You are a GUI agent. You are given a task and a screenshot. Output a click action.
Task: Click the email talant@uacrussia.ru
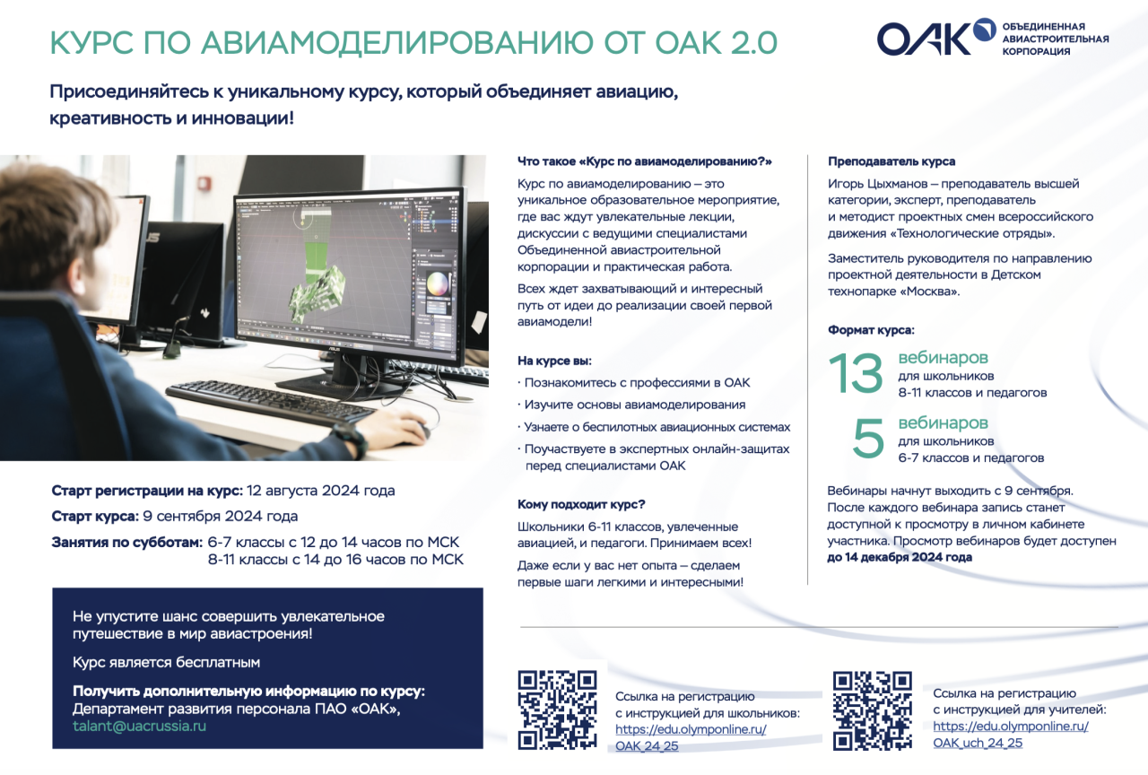(139, 727)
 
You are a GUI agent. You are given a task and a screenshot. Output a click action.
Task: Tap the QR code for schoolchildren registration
(558, 710)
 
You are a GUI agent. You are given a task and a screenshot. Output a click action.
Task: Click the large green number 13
(856, 373)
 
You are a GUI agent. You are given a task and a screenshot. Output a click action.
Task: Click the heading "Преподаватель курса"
(891, 161)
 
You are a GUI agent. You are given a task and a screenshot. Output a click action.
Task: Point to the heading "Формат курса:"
(871, 330)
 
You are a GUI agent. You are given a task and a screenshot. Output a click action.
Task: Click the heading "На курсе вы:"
(554, 361)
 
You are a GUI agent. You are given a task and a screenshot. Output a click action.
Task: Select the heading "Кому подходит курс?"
(580, 504)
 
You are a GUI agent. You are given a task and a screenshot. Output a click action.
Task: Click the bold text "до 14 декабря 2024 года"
(900, 557)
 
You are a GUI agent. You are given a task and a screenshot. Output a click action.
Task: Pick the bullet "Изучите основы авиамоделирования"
(634, 405)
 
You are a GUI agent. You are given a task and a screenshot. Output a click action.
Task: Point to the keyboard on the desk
(271, 404)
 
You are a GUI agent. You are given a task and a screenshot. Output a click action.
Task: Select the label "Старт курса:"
(95, 516)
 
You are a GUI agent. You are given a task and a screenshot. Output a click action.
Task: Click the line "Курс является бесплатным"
(166, 662)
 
